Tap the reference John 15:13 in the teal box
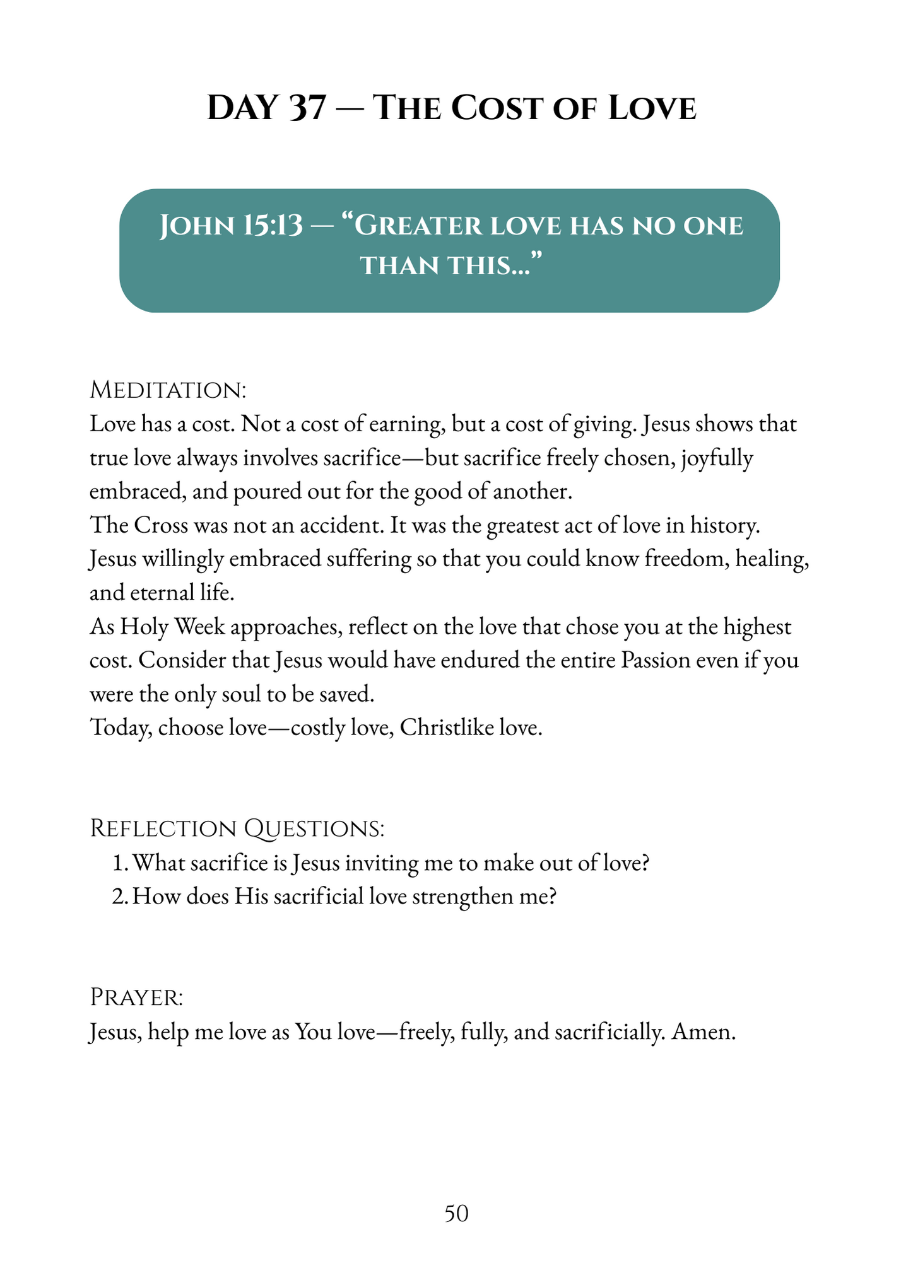tap(231, 226)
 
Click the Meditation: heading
tap(168, 390)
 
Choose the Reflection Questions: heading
tap(237, 828)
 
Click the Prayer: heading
tap(137, 997)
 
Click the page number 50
tap(456, 1214)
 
